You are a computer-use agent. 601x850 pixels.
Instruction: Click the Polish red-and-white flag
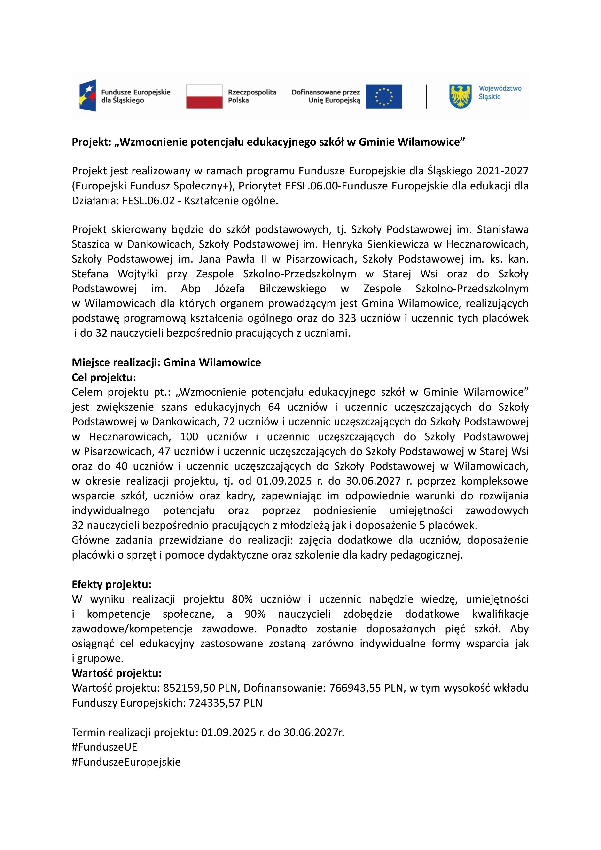click(x=204, y=96)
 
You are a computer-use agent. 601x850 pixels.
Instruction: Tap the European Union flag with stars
click(x=384, y=96)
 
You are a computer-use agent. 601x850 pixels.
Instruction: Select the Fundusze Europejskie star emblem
click(x=88, y=95)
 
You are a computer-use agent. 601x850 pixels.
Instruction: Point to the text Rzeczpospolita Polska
click(x=252, y=96)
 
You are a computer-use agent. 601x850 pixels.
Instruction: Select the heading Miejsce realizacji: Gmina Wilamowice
click(x=166, y=362)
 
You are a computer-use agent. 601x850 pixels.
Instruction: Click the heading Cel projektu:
click(x=104, y=377)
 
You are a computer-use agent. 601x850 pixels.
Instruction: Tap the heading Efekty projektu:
click(x=111, y=585)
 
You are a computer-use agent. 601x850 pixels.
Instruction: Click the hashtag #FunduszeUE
click(x=104, y=747)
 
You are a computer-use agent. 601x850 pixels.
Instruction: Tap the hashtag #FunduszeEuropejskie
click(x=126, y=762)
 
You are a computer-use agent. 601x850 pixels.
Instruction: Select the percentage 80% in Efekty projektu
click(x=242, y=599)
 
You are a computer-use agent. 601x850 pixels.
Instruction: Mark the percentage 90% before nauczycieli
click(x=255, y=614)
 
